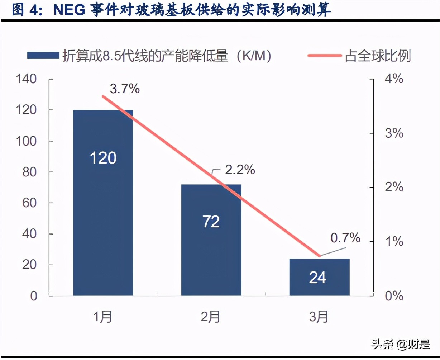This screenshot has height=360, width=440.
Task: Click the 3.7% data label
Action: click(125, 89)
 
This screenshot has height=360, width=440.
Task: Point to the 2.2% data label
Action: click(240, 170)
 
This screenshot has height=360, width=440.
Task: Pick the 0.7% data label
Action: click(345, 237)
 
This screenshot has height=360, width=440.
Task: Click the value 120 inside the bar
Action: click(103, 158)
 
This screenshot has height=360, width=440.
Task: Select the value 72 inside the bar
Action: click(211, 222)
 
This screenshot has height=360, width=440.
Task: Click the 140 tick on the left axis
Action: click(26, 79)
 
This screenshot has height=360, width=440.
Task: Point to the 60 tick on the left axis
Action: click(29, 203)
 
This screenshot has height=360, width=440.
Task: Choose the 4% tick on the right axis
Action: click(394, 79)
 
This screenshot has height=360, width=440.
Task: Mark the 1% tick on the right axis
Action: click(394, 242)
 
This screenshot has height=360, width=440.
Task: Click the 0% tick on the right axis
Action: click(394, 296)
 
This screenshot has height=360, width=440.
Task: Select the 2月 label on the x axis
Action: click(211, 317)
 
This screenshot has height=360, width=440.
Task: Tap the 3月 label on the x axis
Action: click(319, 317)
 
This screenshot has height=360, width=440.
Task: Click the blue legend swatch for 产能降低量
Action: click(43, 56)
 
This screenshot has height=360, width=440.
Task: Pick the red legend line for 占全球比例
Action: click(325, 56)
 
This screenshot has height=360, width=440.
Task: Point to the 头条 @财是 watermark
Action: click(400, 345)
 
